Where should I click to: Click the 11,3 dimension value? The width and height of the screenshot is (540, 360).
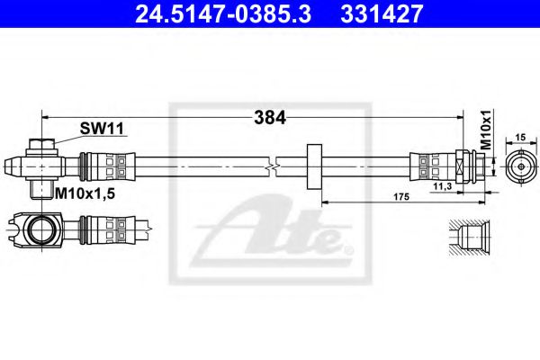442,186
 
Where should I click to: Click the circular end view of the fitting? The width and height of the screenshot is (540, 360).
518,167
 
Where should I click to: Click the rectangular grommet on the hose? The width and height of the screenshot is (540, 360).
314,166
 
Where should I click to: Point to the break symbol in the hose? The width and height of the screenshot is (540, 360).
272,166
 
